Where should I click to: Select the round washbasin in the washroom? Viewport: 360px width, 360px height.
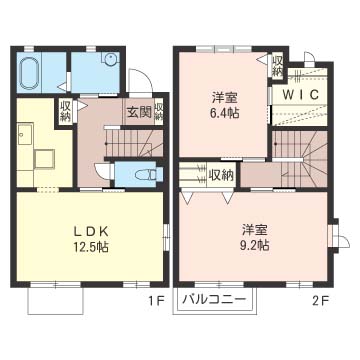pos(110,59)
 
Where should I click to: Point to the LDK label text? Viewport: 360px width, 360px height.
pos(91,231)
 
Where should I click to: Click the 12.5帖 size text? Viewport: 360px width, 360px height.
pos(91,247)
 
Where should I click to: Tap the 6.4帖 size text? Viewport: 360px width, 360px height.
pos(224,113)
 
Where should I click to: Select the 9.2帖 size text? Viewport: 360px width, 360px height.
pos(255,245)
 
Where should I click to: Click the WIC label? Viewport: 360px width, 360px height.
pos(300,95)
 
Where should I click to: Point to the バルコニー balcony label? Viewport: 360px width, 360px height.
pos(215,298)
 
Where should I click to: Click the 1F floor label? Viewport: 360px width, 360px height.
pos(156,302)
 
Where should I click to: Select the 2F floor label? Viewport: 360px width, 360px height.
pos(320,302)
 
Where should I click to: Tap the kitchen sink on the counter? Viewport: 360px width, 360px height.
pos(25,134)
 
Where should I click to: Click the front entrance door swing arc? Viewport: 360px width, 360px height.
pos(142,74)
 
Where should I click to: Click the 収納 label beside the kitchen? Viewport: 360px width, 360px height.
pos(65,111)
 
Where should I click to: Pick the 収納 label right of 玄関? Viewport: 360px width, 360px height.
pos(159,112)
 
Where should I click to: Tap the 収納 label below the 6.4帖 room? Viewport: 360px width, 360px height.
pos(220,175)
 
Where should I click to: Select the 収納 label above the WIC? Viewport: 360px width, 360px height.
pos(277,66)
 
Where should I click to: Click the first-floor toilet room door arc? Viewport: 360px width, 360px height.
pos(101,169)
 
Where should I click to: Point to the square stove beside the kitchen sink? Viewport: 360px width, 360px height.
pos(45,159)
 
